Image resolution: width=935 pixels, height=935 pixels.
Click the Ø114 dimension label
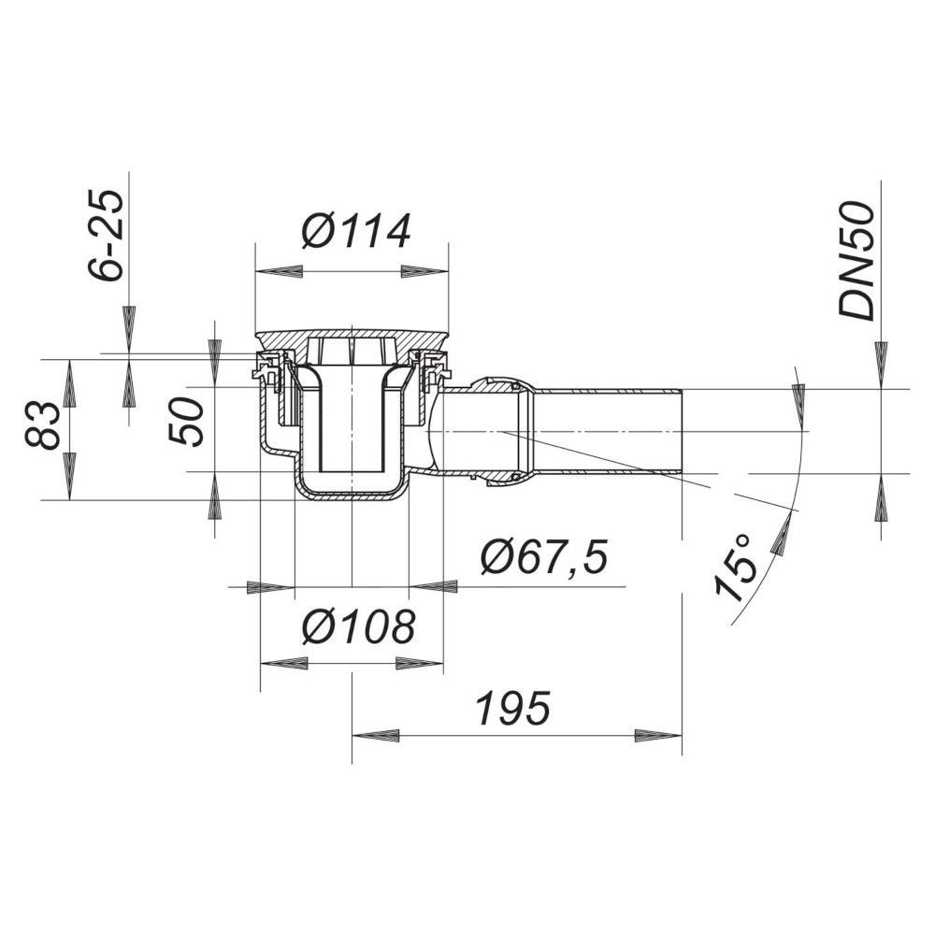(x=356, y=230)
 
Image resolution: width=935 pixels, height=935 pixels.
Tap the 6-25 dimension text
(x=107, y=235)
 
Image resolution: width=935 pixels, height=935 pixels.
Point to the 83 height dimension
(x=42, y=425)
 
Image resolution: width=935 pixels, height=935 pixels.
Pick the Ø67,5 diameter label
(x=543, y=557)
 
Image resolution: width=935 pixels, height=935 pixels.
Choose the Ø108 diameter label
(x=358, y=626)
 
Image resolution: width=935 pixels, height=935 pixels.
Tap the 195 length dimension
(x=512, y=709)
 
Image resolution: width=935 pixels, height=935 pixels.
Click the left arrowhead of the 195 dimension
(x=376, y=735)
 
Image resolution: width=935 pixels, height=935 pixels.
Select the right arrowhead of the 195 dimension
(x=658, y=735)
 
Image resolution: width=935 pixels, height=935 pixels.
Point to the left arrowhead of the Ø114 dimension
(x=279, y=271)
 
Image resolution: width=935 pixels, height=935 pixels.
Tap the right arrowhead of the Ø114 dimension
(x=424, y=271)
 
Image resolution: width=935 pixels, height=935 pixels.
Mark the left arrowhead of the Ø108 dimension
(x=284, y=663)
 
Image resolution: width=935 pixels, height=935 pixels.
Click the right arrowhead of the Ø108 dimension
(x=420, y=663)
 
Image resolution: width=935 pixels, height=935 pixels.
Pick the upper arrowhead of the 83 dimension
(x=70, y=382)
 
